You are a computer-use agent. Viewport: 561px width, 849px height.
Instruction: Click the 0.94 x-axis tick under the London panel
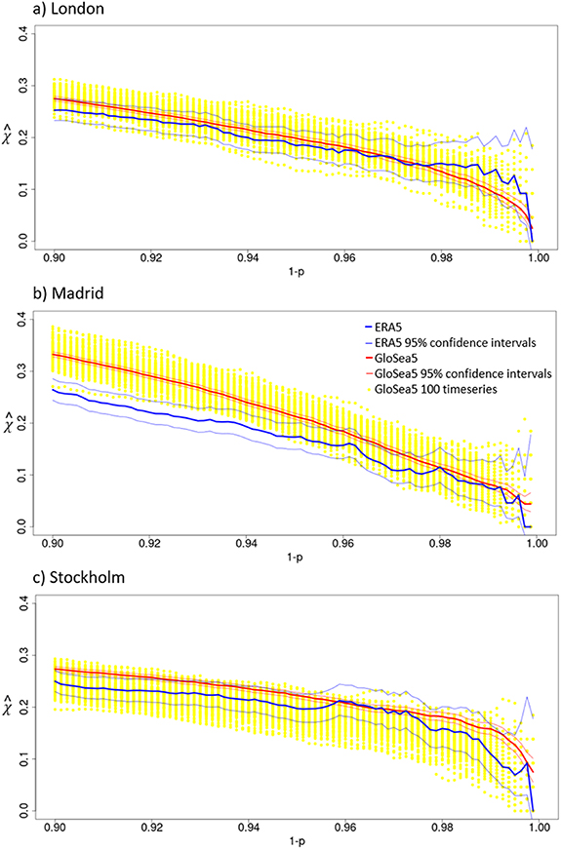point(246,258)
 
